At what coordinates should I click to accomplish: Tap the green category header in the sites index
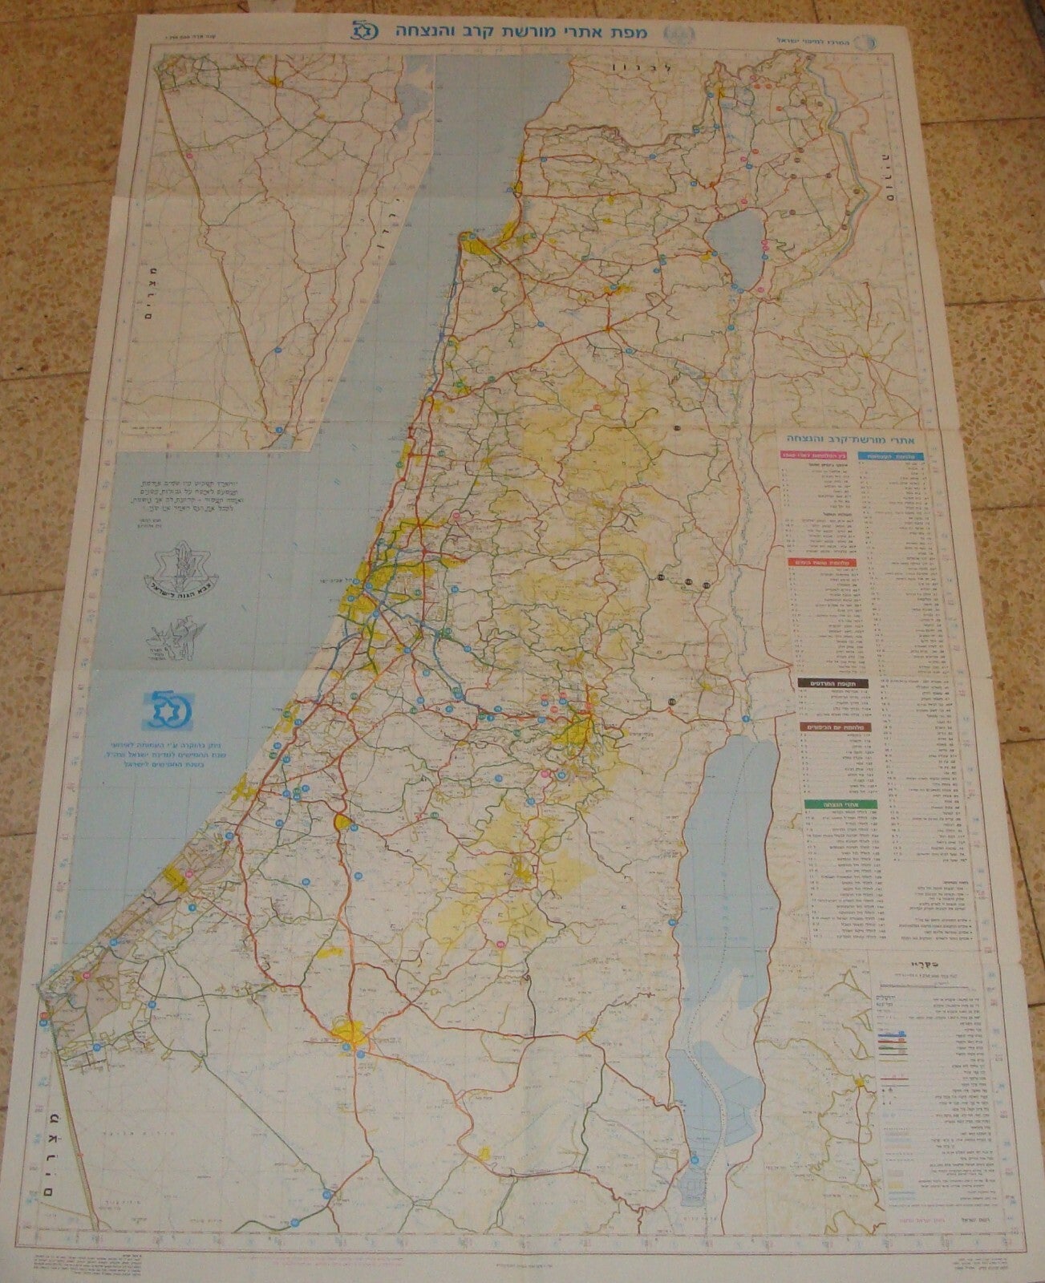(x=825, y=801)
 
